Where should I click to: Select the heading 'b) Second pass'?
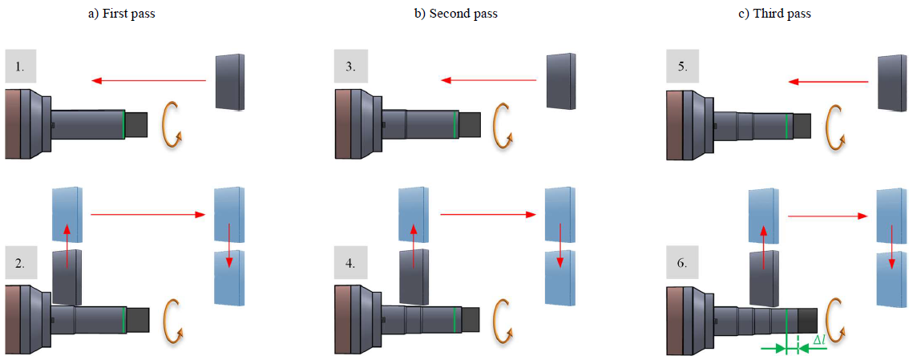tap(456, 14)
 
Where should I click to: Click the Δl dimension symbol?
tap(820, 340)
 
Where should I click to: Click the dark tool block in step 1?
tap(230, 82)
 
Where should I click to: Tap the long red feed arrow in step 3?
tap(488, 80)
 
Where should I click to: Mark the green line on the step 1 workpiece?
tap(123, 125)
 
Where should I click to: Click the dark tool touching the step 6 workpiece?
tap(764, 277)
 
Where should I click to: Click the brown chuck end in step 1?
tap(13, 124)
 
